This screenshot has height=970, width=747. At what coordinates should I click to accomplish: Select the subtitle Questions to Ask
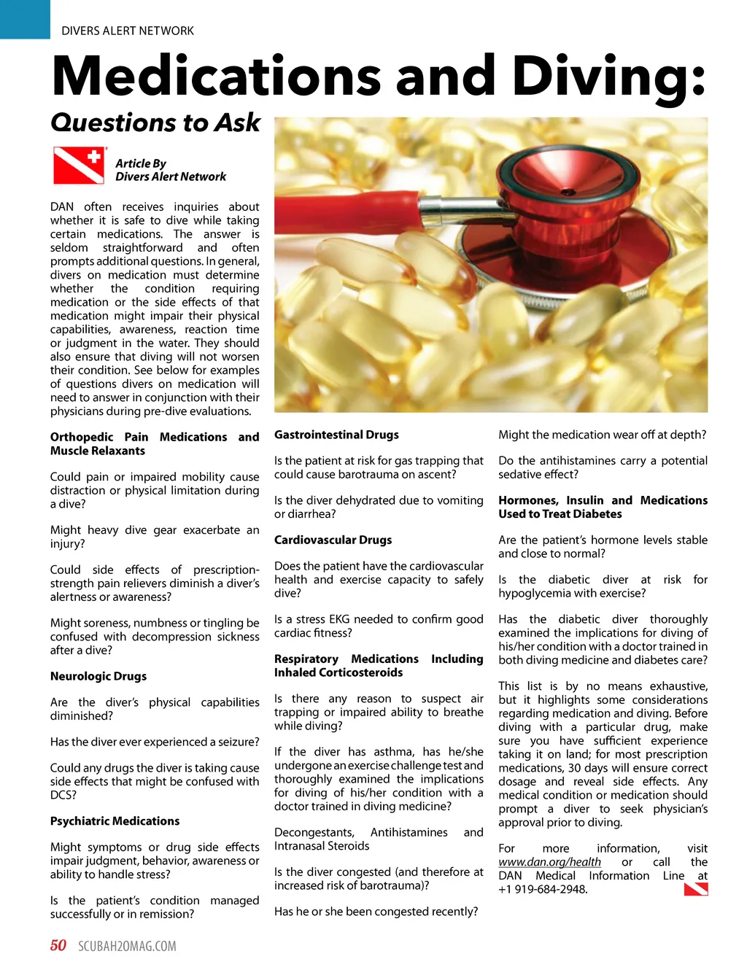point(155,123)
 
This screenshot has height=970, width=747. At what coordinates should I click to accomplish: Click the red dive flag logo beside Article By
point(78,166)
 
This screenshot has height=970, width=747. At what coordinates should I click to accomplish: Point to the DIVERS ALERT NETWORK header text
point(128,31)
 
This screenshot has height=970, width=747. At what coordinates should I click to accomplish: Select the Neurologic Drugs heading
point(98,676)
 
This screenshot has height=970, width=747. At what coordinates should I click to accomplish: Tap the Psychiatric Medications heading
point(115,821)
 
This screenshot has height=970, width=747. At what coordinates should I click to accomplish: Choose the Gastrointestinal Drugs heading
point(336,435)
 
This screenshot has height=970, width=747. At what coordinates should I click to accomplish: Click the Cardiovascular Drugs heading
point(333,540)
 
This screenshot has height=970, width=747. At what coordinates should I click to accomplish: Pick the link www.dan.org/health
point(549,862)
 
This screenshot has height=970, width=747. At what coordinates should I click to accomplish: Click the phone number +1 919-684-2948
point(543,889)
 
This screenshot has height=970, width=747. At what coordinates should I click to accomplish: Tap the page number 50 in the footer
point(58,946)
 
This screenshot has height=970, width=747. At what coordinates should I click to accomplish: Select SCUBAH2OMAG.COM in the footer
point(127,947)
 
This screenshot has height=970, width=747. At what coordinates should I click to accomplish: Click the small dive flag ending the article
point(696,889)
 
